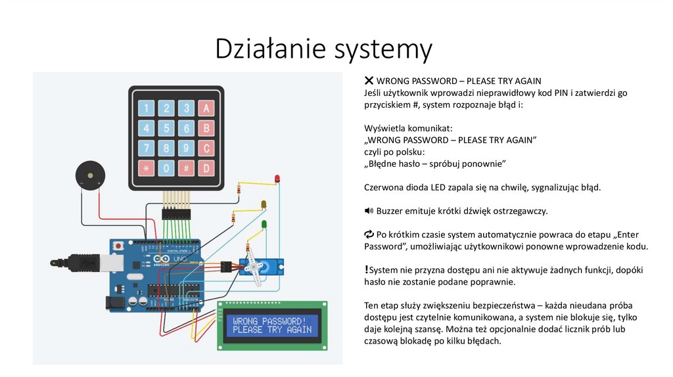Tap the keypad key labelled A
point(206,108)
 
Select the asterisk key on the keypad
point(146,168)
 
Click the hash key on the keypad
point(187,168)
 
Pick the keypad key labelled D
point(206,168)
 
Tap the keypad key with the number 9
point(187,148)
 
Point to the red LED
point(276,179)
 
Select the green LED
point(264,225)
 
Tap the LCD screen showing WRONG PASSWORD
point(272,325)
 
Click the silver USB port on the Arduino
point(85,261)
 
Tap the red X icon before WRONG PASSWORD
point(369,81)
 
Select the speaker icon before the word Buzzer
point(369,211)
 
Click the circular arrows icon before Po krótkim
point(369,234)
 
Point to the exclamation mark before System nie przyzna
point(366,269)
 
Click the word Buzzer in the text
point(390,211)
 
